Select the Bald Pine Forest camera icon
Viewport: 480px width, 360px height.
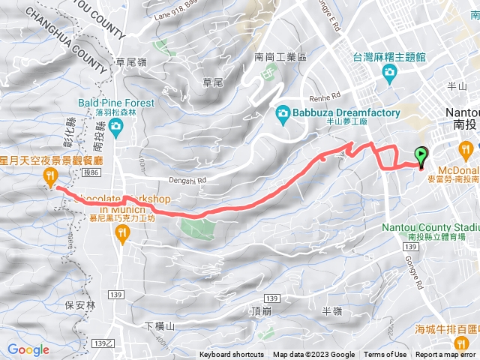tap(116, 127)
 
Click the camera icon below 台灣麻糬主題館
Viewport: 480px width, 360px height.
tap(389, 72)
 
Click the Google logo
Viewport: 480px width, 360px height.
tap(28, 349)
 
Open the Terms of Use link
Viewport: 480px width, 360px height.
tap(385, 355)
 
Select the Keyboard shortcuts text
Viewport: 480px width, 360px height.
tap(232, 355)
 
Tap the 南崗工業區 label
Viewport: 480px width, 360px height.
tap(280, 56)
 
